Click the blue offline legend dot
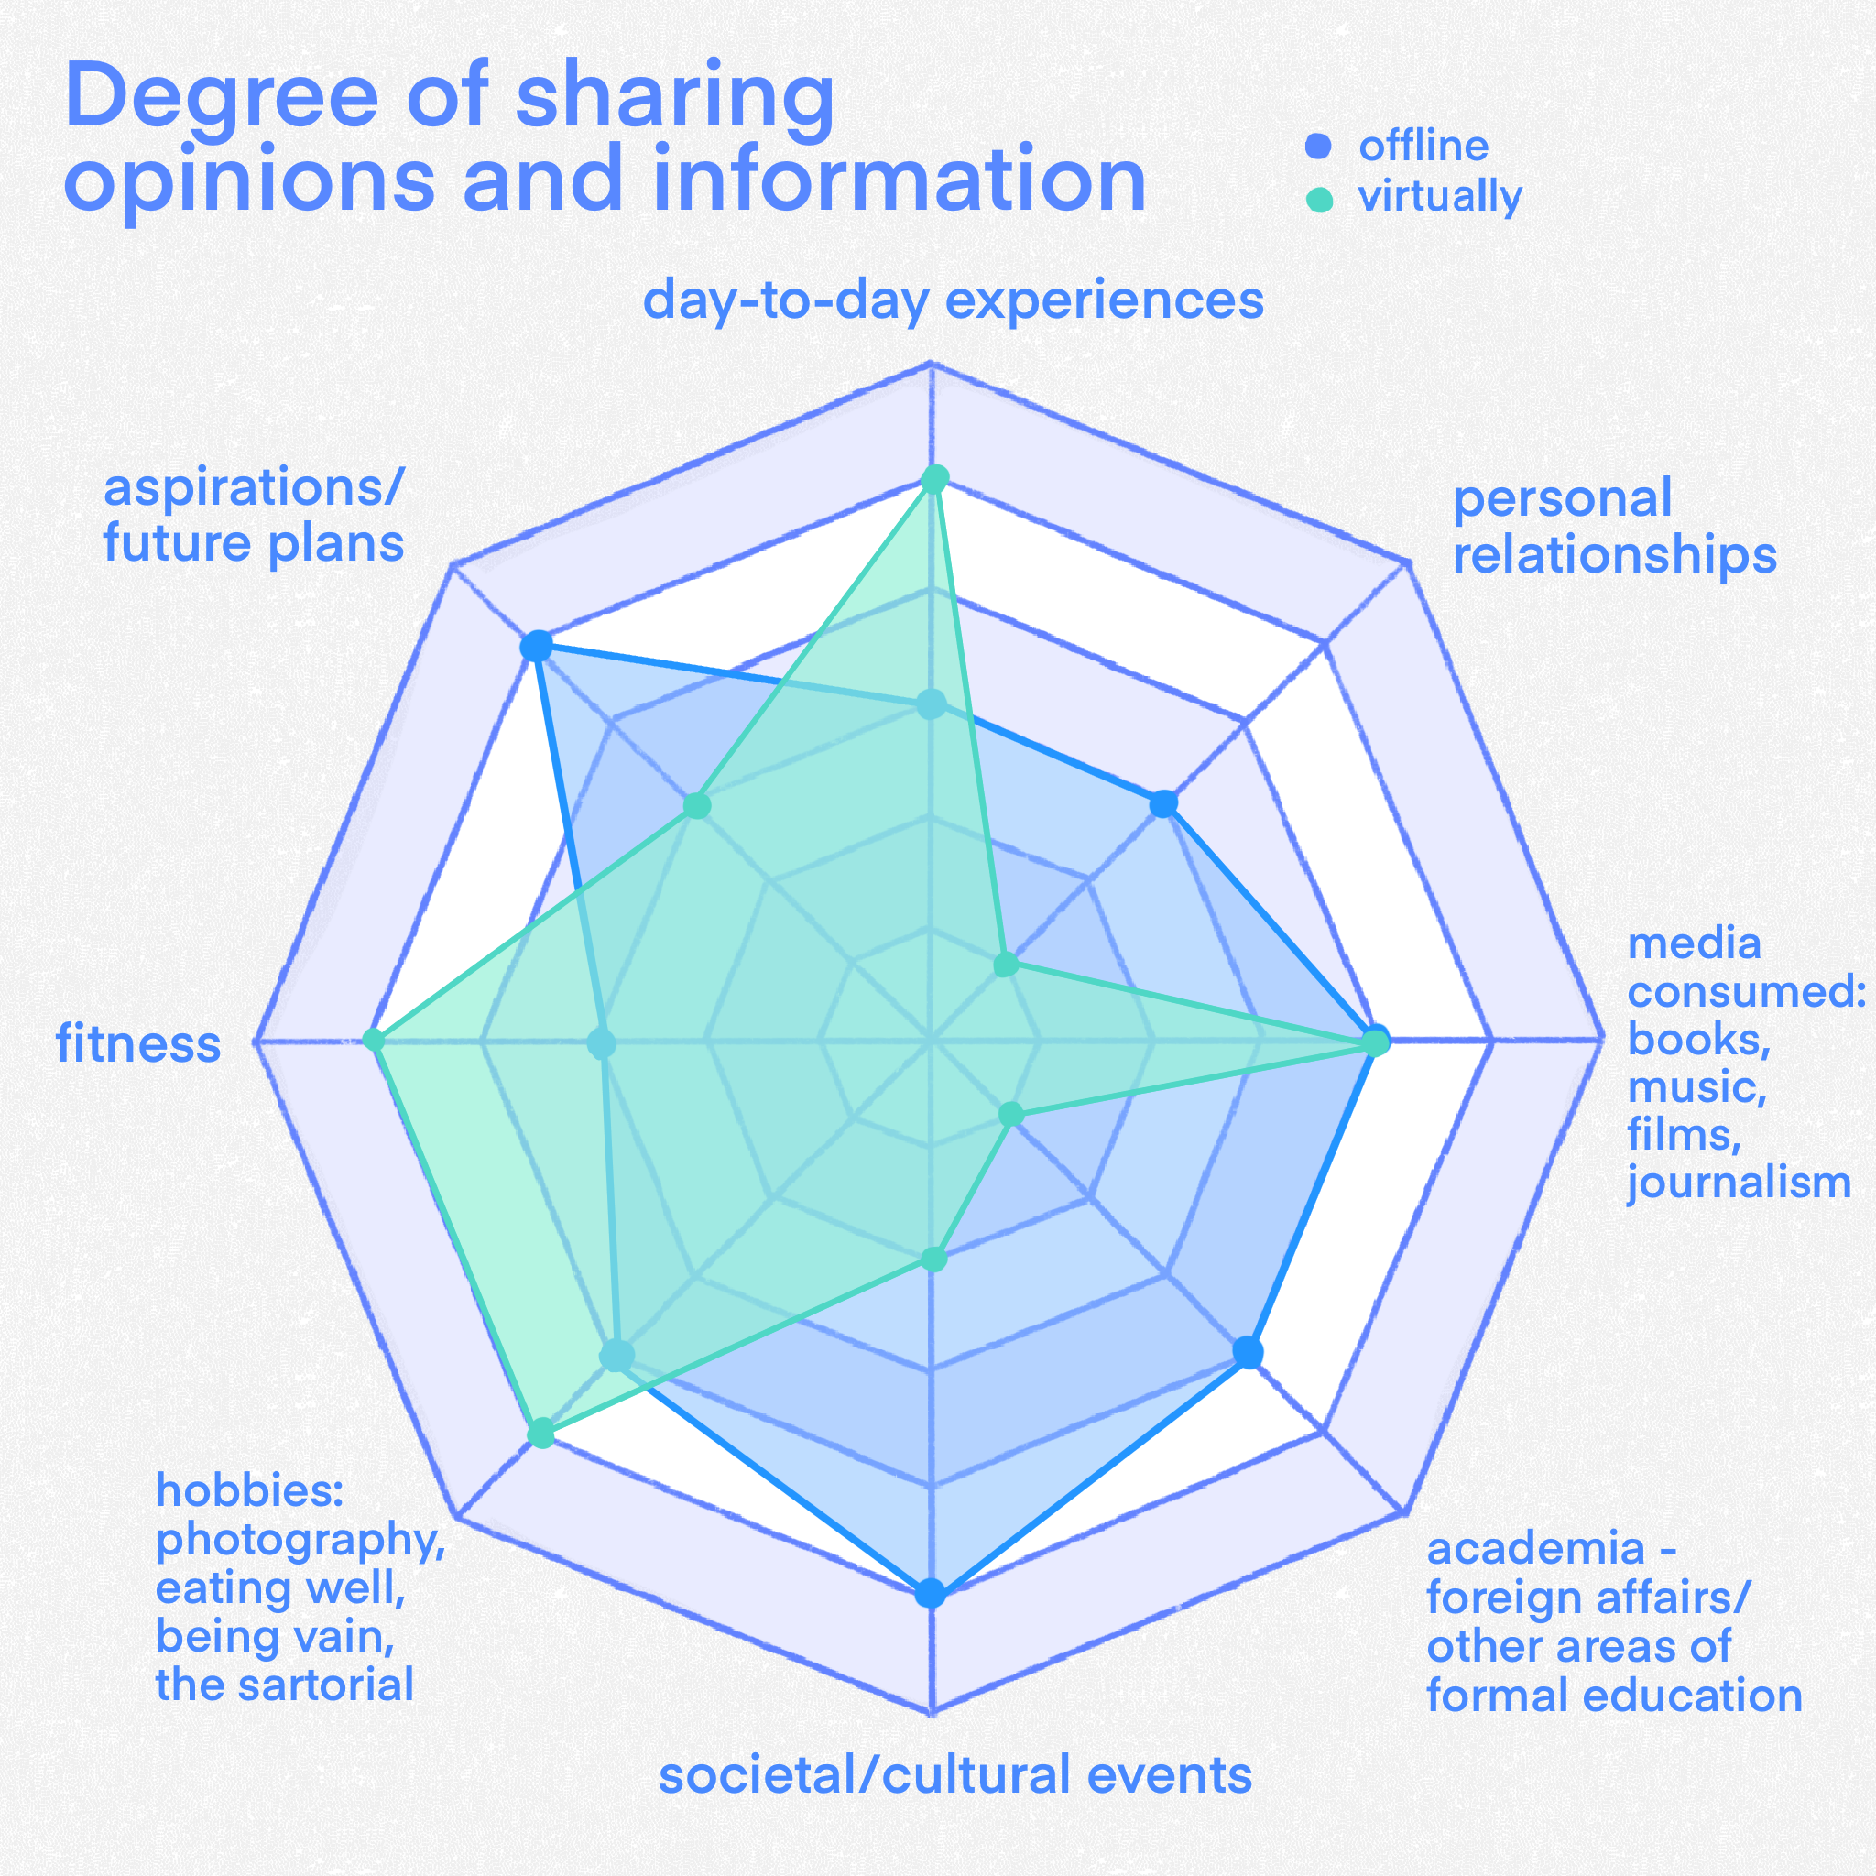click(1317, 147)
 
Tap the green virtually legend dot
click(1320, 198)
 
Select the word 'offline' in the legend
click(1423, 147)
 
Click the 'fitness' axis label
click(139, 1045)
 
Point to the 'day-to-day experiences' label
click(953, 300)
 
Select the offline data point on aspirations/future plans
click(536, 647)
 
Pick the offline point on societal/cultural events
click(932, 1595)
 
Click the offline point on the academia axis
click(1249, 1353)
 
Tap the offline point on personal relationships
click(1164, 804)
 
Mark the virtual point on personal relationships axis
click(1006, 965)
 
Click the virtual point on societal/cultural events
click(933, 1260)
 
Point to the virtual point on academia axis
click(1012, 1114)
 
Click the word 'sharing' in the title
click(675, 97)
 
